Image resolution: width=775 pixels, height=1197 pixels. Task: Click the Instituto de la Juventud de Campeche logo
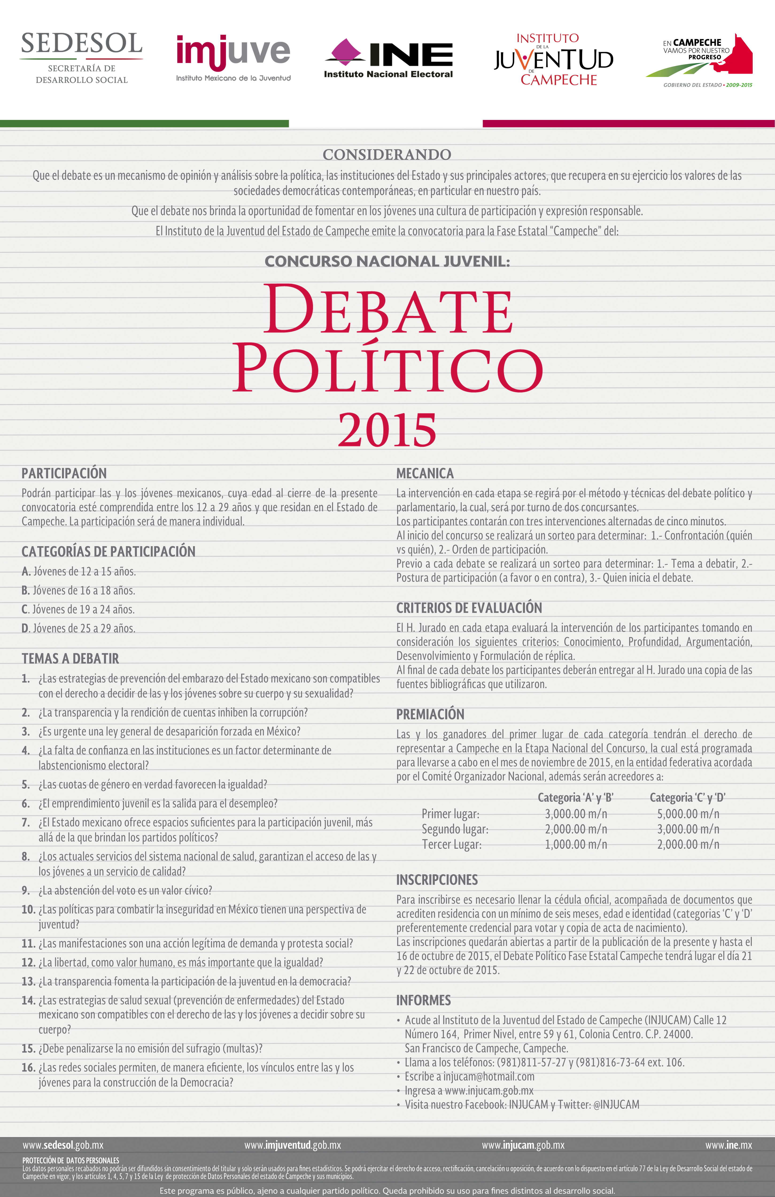pyautogui.click(x=554, y=59)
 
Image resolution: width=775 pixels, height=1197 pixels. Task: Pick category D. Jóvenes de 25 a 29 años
pyautogui.click(x=78, y=628)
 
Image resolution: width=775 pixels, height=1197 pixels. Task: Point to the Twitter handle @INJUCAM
pyautogui.click(x=616, y=1105)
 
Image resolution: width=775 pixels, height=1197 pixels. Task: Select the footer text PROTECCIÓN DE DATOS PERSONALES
pyautogui.click(x=70, y=1160)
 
